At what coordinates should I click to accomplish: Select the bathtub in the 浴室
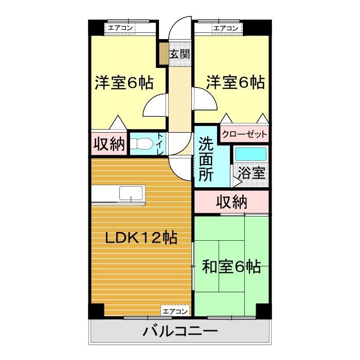click(250, 154)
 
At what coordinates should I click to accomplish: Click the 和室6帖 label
click(231, 267)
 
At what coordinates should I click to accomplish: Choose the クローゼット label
click(245, 135)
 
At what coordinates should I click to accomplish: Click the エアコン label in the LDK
click(175, 311)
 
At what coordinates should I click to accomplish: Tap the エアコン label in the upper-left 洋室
click(121, 28)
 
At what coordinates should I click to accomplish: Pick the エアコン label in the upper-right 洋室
click(226, 28)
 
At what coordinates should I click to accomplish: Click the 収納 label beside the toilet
click(109, 145)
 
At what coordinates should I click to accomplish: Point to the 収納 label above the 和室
click(231, 202)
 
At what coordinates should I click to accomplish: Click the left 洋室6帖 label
click(123, 82)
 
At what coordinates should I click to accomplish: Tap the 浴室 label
click(253, 173)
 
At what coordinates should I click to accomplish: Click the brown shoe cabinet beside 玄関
click(163, 53)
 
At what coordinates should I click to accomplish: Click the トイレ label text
click(160, 145)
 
